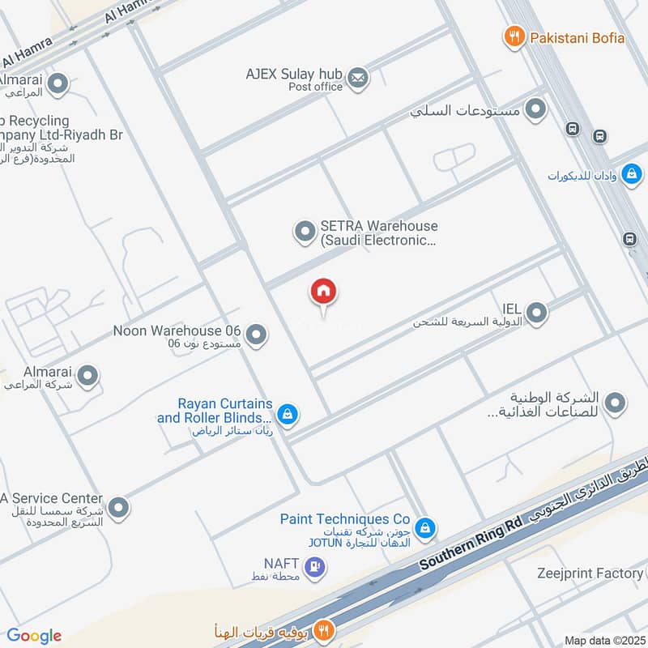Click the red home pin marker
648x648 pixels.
(x=324, y=292)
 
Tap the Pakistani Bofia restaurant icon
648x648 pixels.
(x=512, y=36)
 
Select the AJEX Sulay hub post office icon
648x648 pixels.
(x=357, y=79)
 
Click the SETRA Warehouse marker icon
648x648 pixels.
(x=305, y=232)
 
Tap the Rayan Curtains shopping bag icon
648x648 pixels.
(x=286, y=415)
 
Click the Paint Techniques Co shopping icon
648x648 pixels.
(x=425, y=529)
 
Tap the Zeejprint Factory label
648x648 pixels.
(x=590, y=573)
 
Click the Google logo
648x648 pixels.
(x=34, y=636)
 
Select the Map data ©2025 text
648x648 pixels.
(x=603, y=640)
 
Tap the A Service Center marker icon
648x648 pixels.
(x=119, y=508)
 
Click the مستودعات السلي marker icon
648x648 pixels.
(x=535, y=109)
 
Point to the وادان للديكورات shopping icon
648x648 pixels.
(x=631, y=173)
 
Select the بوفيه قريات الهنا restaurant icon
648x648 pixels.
(x=323, y=629)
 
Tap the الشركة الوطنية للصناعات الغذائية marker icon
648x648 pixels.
(x=616, y=402)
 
